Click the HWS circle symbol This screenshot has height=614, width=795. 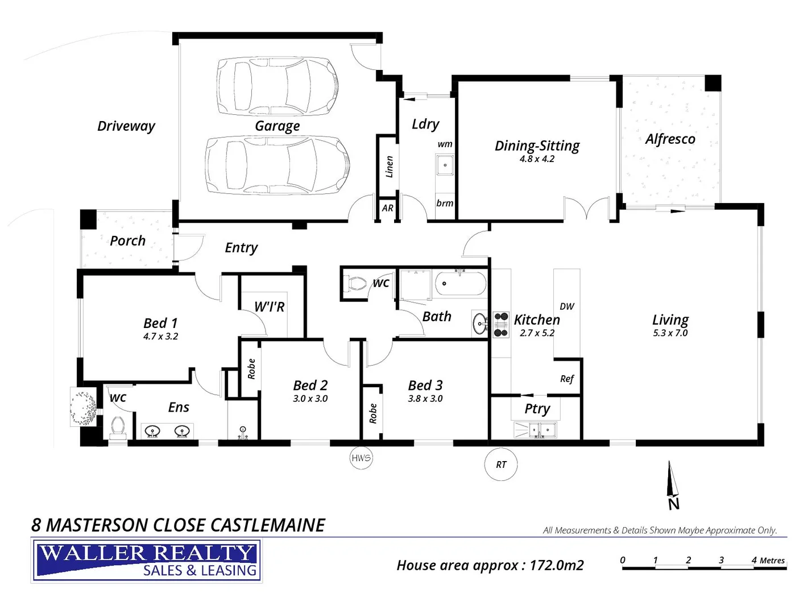361,458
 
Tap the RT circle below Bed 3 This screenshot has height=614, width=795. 501,464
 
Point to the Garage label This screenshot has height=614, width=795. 277,126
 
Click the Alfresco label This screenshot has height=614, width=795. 670,139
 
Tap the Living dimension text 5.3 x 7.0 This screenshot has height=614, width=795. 670,333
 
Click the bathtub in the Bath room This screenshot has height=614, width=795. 461,284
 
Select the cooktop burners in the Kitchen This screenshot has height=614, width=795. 501,325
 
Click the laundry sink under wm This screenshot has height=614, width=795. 445,165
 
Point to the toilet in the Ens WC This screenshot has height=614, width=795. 118,427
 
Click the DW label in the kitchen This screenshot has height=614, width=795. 567,306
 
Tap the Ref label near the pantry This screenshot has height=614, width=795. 567,379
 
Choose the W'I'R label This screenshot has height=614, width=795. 269,307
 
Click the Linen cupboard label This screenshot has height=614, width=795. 390,167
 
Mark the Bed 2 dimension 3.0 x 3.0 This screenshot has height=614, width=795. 310,399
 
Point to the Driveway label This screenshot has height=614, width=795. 126,126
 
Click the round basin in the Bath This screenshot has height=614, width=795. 480,324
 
